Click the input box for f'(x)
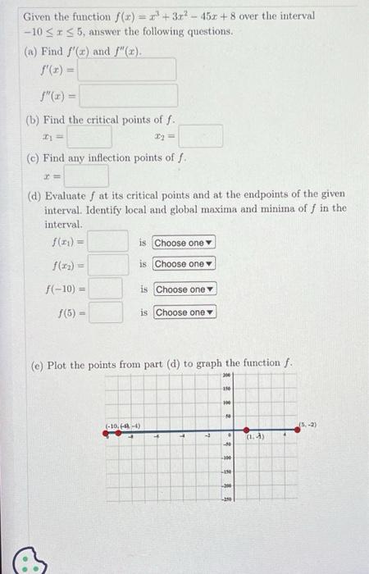[127, 70]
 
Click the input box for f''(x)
[127, 96]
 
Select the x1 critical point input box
[89, 135]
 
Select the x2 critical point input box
[201, 135]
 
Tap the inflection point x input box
[86, 176]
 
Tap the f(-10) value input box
[106, 289]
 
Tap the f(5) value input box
[106, 312]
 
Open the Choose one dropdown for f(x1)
[183, 243]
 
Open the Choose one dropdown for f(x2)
[183, 264]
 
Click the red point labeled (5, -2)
[297, 430]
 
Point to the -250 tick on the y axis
[227, 499]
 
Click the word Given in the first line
[37, 16]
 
